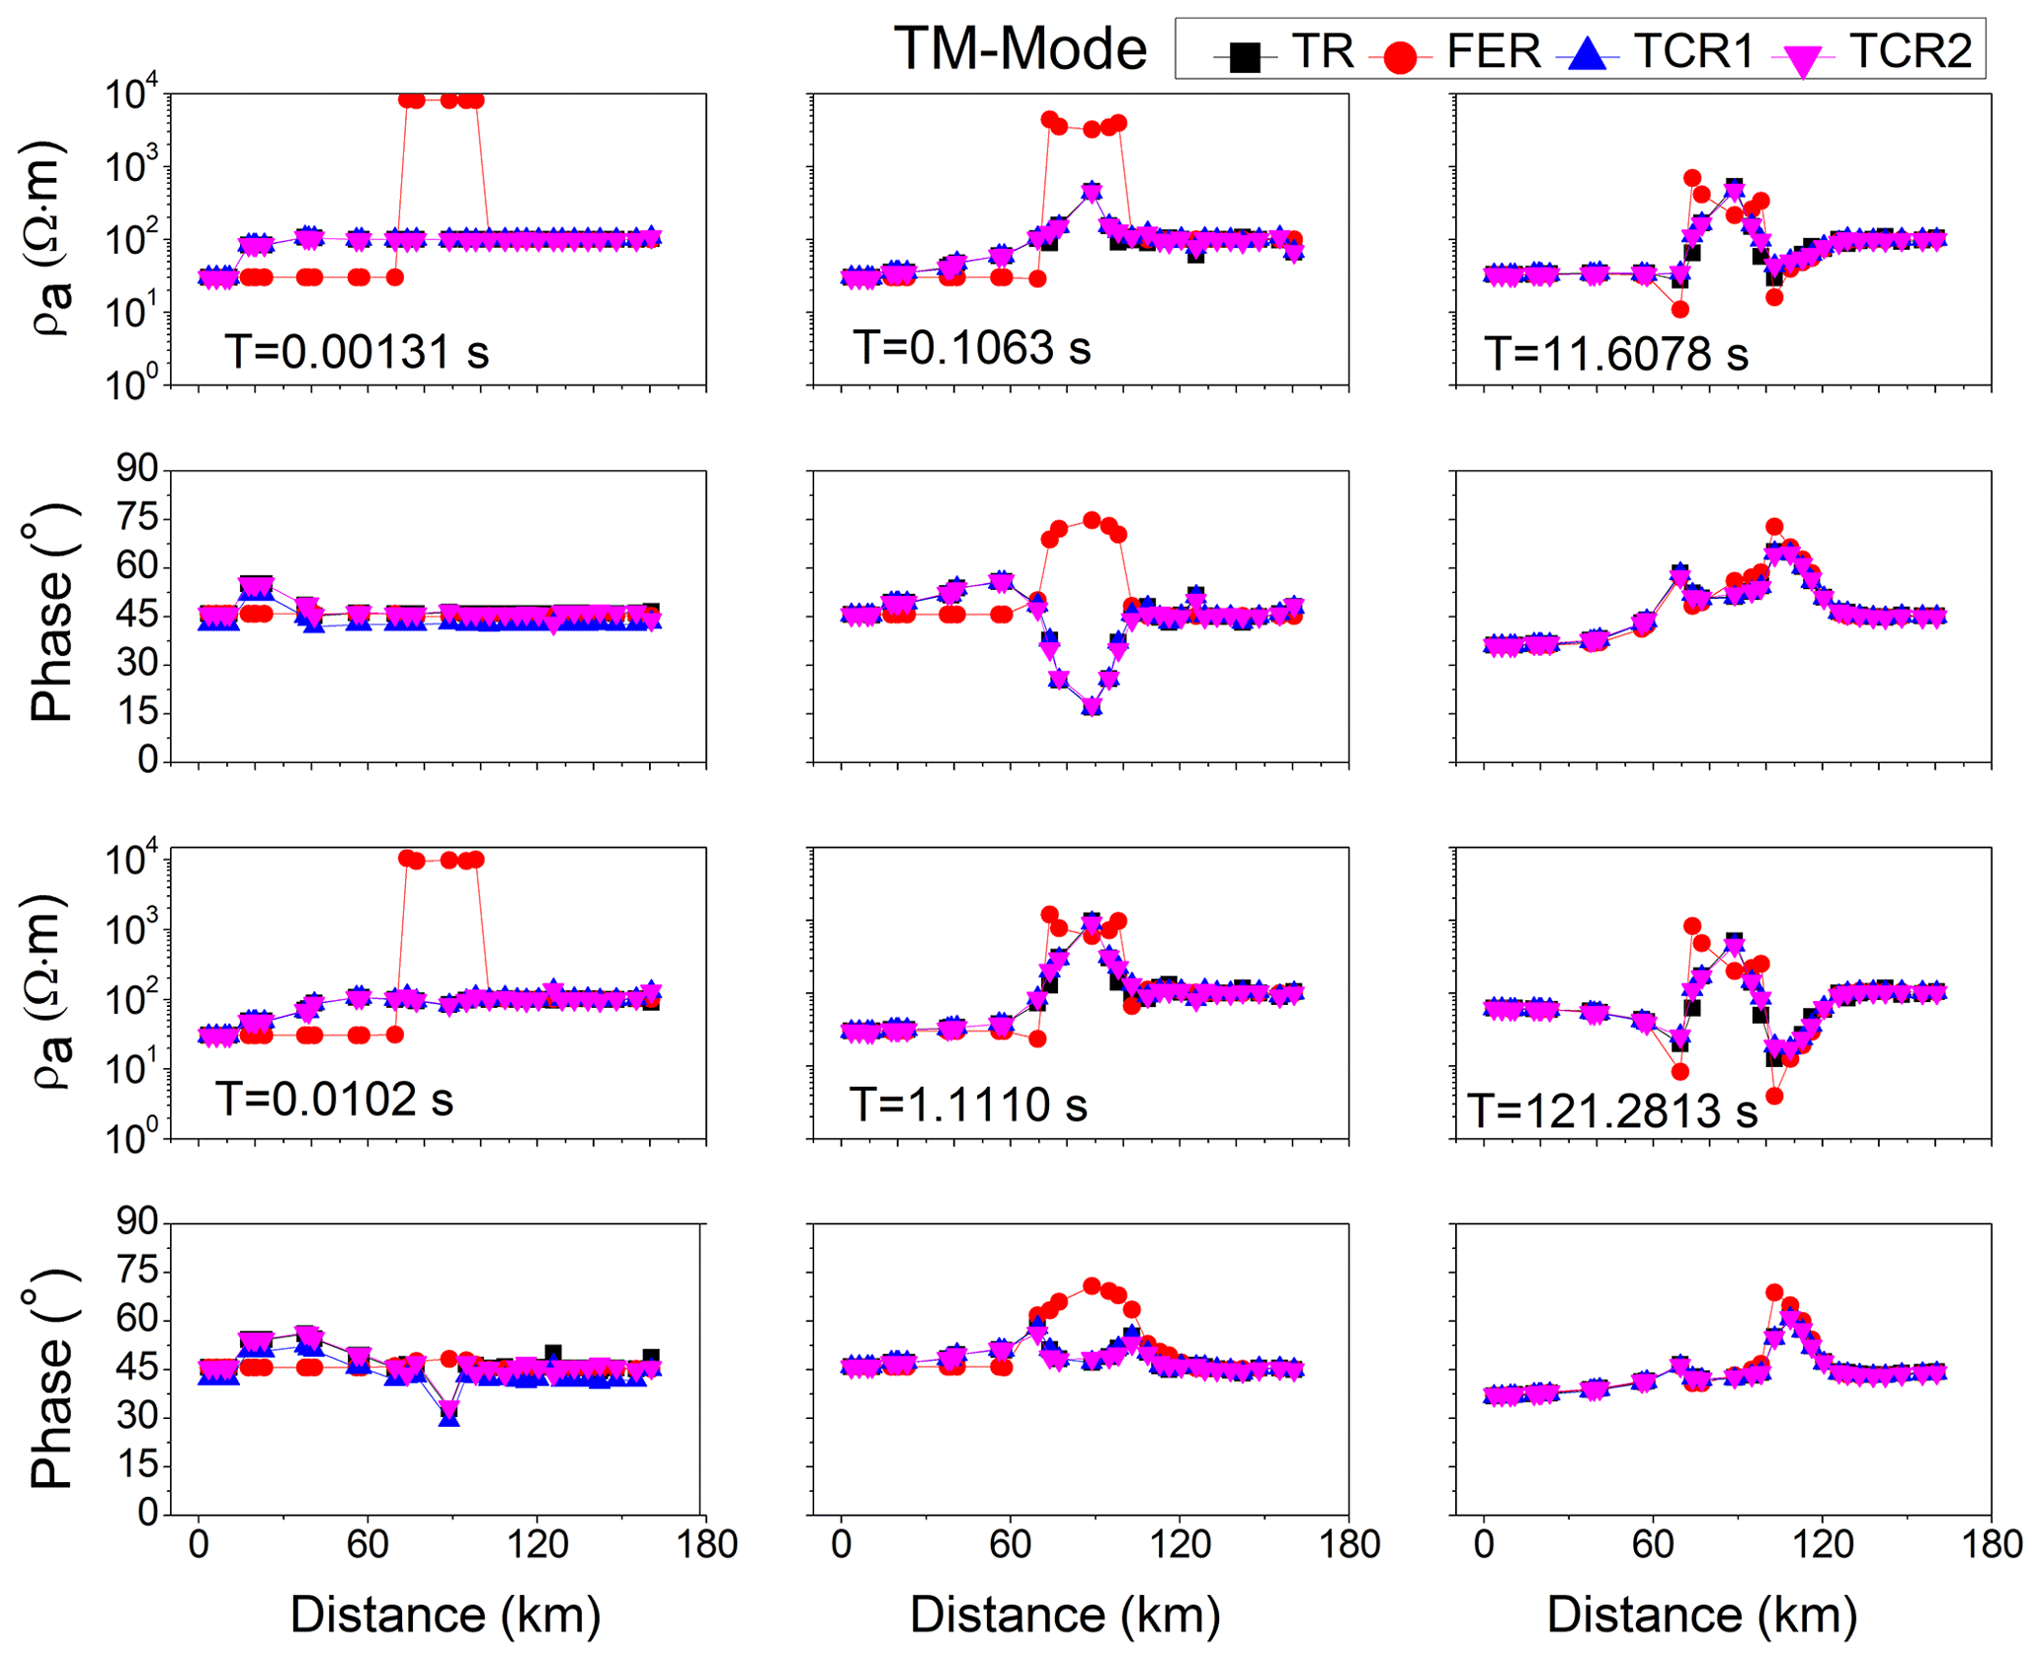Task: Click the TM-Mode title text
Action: [1020, 49]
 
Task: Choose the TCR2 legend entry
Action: [1877, 51]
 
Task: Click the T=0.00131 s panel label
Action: [357, 351]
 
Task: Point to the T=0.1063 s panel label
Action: [972, 347]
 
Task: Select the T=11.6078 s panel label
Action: [1616, 353]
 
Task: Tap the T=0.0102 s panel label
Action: [334, 1099]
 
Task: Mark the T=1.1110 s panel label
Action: [968, 1104]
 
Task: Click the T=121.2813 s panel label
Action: [1612, 1111]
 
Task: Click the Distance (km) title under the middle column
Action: [1065, 1614]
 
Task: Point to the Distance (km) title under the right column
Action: [1701, 1614]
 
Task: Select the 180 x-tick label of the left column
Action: [707, 1544]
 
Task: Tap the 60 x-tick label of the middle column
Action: [1010, 1544]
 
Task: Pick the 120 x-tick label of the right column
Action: [1822, 1544]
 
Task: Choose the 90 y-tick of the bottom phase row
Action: [136, 1222]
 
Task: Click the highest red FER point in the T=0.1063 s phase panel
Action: [1091, 520]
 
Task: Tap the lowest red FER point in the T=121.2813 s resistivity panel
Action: [1774, 1096]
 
